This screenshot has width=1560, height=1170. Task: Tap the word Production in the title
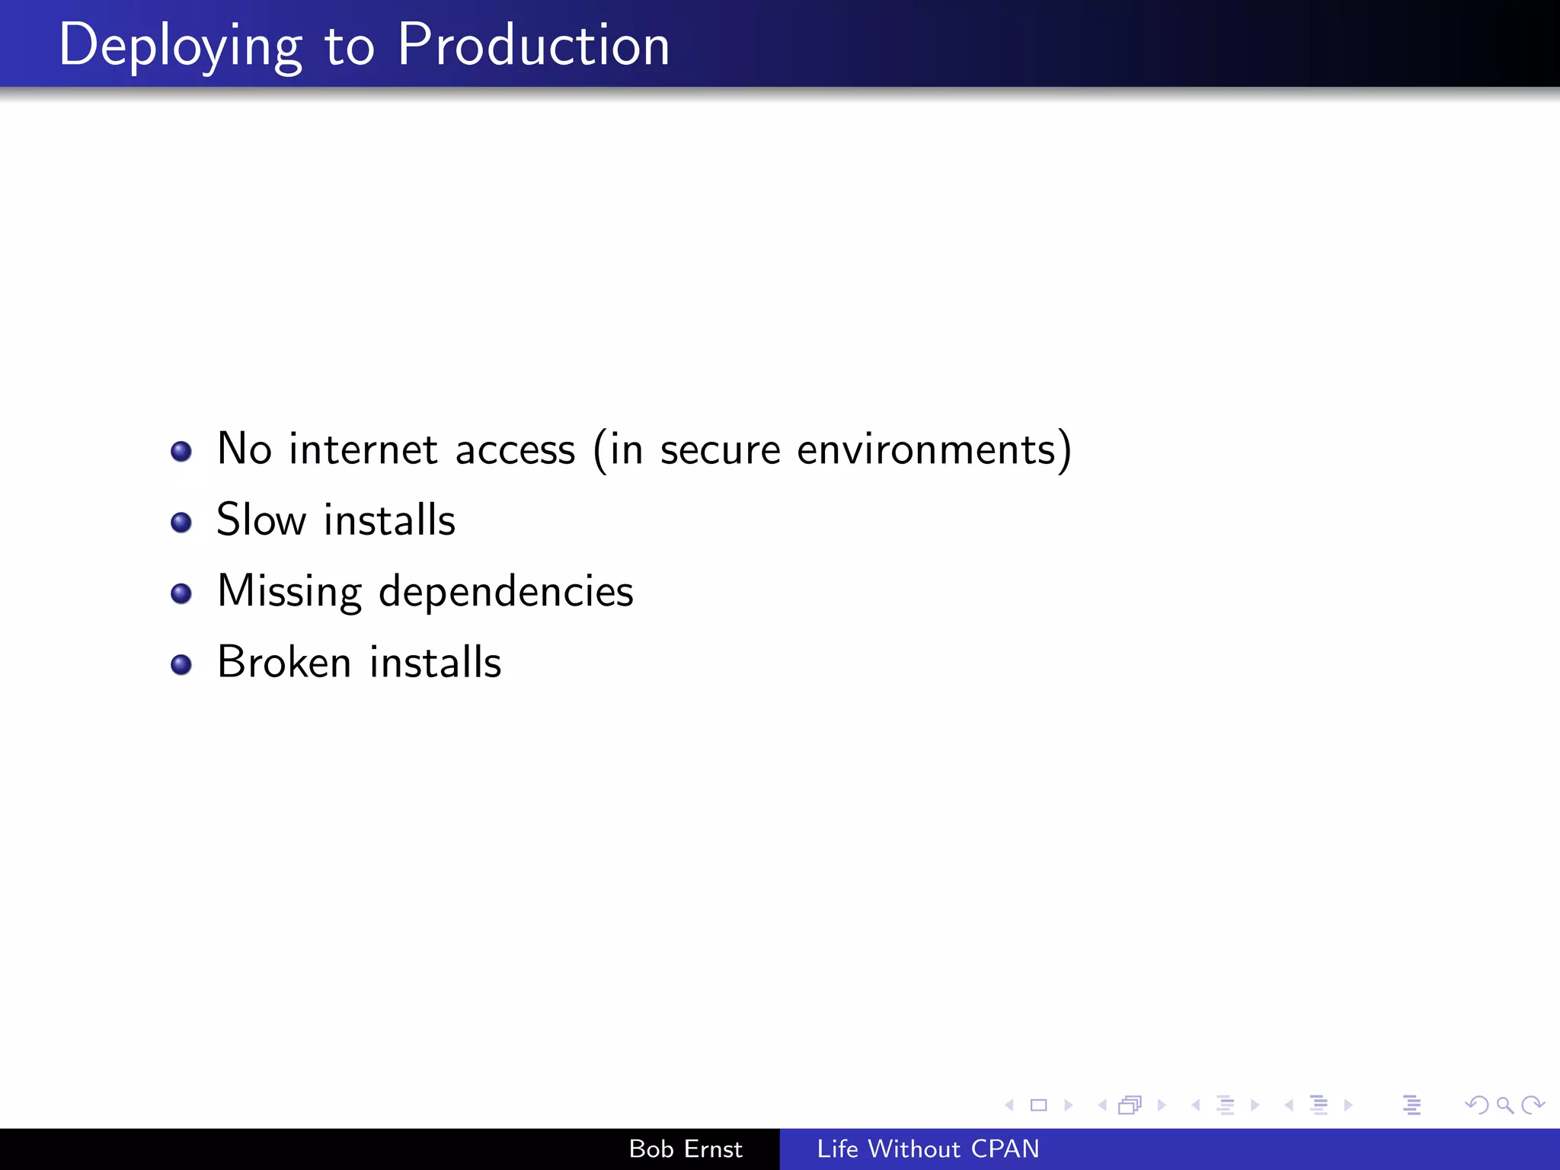coord(533,46)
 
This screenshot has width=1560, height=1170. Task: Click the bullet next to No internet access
coord(181,452)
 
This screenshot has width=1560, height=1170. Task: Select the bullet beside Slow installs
coord(181,523)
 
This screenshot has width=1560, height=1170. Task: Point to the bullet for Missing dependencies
coord(181,593)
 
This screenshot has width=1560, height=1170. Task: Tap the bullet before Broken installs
coord(181,664)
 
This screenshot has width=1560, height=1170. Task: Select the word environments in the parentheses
coord(926,449)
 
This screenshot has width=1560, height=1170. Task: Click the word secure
coord(720,450)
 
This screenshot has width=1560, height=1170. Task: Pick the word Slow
coord(261,520)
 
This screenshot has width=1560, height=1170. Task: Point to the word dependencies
coord(506,591)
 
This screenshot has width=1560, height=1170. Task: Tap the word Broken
coord(284,662)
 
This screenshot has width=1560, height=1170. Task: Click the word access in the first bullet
coord(515,450)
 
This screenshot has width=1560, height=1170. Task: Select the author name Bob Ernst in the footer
coord(686,1149)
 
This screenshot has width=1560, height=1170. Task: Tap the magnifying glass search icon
coord(1504,1104)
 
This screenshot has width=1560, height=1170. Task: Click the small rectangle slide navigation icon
coord(1038,1104)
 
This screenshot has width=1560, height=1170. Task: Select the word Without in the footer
coord(914,1149)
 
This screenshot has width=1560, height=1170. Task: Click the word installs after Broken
coord(435,662)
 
